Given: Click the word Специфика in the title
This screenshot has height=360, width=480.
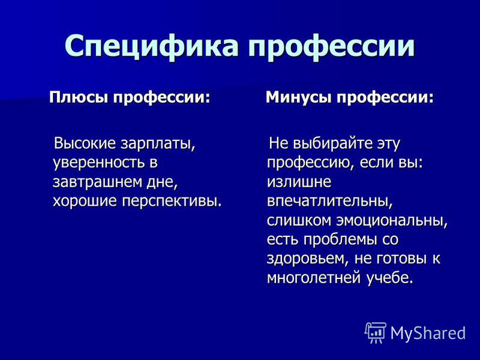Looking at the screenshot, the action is (x=151, y=46).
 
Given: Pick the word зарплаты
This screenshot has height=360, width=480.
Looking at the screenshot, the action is (x=158, y=144).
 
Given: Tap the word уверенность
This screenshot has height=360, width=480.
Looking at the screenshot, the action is (x=98, y=163).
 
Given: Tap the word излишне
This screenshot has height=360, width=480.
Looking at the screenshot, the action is (x=299, y=182).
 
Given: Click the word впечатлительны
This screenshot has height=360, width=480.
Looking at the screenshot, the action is (x=329, y=201).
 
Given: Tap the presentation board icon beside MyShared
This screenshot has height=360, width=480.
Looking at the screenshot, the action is (x=375, y=332).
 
